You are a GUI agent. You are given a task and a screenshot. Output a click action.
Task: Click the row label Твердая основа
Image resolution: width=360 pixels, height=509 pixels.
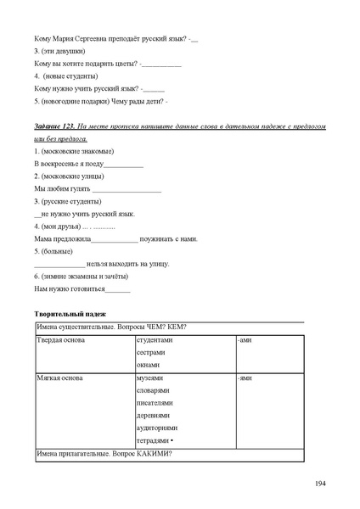click(61, 339)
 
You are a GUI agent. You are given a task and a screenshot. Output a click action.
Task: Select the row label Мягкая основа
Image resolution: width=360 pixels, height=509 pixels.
click(60, 378)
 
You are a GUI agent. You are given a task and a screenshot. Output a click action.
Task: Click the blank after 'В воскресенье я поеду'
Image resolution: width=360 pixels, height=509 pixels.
click(122, 164)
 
